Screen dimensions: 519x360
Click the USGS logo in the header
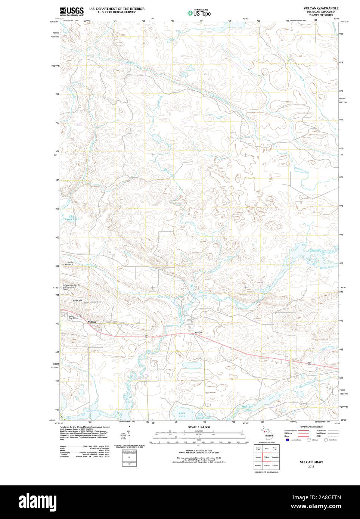pos(72,11)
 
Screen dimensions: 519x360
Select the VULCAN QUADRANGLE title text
pos(321,8)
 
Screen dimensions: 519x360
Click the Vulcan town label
pos(92,322)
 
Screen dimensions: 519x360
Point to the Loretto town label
pos(198,332)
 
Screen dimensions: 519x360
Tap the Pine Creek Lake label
pos(72,217)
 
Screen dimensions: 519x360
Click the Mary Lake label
pos(182,414)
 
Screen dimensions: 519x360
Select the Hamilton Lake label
pos(247,408)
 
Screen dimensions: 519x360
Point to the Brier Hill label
pos(77,300)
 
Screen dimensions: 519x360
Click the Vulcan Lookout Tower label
pos(92,302)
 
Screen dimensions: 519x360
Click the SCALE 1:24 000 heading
pos(199,427)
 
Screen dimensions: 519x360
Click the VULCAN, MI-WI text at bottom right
pos(311,462)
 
